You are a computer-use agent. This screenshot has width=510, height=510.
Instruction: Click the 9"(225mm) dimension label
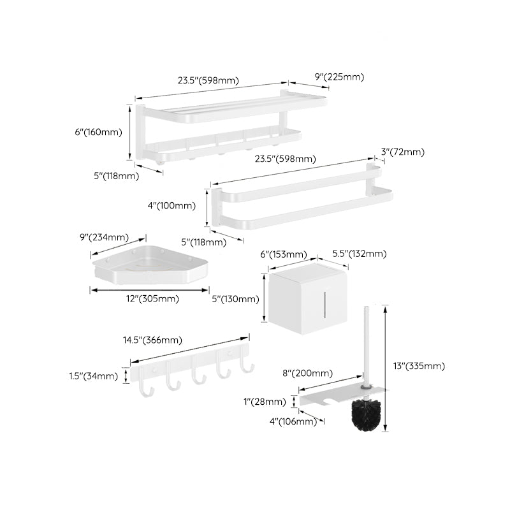(x=339, y=77)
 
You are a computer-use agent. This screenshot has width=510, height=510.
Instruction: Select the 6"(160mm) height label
(x=98, y=132)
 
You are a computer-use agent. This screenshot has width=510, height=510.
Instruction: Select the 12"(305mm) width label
(x=152, y=298)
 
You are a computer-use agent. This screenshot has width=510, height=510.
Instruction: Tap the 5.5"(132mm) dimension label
(x=359, y=254)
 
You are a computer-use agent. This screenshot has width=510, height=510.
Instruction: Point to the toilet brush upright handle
(x=366, y=344)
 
